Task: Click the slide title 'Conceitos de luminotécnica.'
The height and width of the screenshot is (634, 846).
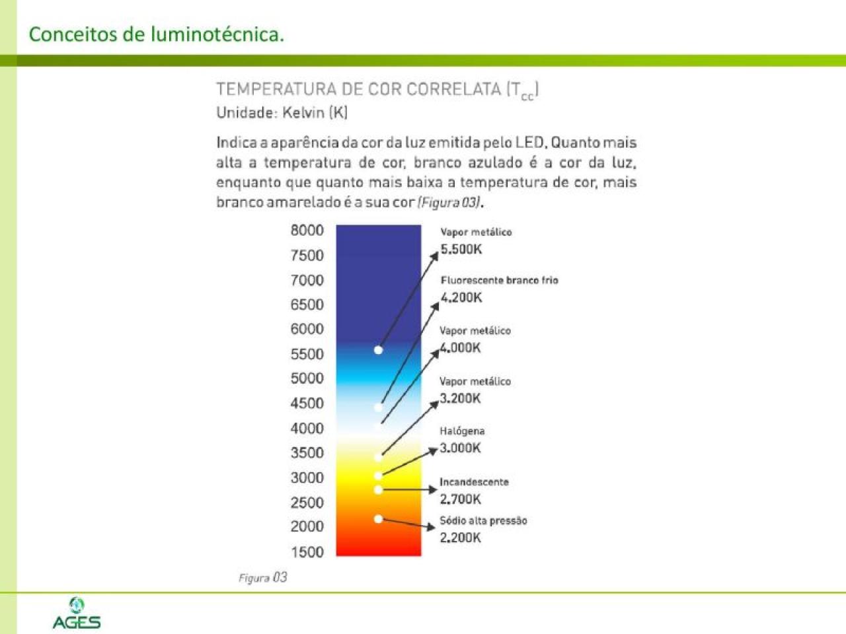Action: coord(157,34)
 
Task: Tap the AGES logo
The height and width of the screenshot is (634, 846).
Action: coord(77,614)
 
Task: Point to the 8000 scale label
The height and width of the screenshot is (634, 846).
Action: coord(307,230)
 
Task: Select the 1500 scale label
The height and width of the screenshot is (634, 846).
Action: coord(307,552)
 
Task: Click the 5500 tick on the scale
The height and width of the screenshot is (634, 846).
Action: coord(307,354)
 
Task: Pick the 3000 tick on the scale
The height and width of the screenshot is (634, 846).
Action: coord(307,477)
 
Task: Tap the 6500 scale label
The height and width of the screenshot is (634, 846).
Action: coord(307,304)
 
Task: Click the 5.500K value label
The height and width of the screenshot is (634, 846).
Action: coord(461,249)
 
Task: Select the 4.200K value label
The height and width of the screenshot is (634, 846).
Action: coord(461,297)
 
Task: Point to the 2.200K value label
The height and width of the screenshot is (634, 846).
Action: coord(461,538)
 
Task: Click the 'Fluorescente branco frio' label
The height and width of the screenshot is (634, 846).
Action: coord(499,280)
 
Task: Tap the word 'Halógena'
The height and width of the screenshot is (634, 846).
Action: coord(462,431)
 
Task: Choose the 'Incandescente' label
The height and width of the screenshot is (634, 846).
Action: coord(474,482)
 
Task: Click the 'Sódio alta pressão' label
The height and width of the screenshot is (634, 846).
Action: coord(483,520)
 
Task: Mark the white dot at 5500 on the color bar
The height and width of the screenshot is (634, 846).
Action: coord(378,350)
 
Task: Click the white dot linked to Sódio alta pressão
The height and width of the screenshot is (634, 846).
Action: coord(378,519)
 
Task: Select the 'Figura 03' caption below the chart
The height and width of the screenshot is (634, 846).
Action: coord(262,578)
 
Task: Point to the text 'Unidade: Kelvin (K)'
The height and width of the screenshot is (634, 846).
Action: coord(282,112)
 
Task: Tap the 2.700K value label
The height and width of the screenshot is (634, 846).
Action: coord(461,499)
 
